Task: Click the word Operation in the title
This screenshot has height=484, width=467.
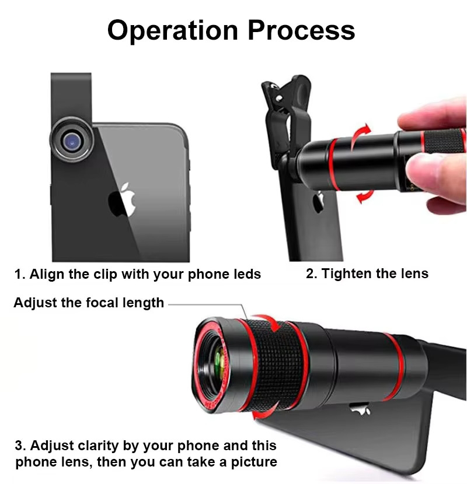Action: [x=172, y=31]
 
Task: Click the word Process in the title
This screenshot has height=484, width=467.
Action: [x=301, y=30]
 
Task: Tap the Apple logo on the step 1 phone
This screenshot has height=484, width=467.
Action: [x=122, y=199]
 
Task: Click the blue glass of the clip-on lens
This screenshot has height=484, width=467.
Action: [x=72, y=142]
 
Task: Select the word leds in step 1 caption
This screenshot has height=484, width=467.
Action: [x=248, y=274]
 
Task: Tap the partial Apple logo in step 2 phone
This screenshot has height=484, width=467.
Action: [x=318, y=202]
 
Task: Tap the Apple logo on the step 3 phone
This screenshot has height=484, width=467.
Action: [x=360, y=409]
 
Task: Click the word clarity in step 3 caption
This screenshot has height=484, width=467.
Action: [x=98, y=446]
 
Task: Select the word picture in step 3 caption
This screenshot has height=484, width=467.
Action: [x=254, y=462]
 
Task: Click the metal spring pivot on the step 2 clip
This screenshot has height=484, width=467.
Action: [x=280, y=98]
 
